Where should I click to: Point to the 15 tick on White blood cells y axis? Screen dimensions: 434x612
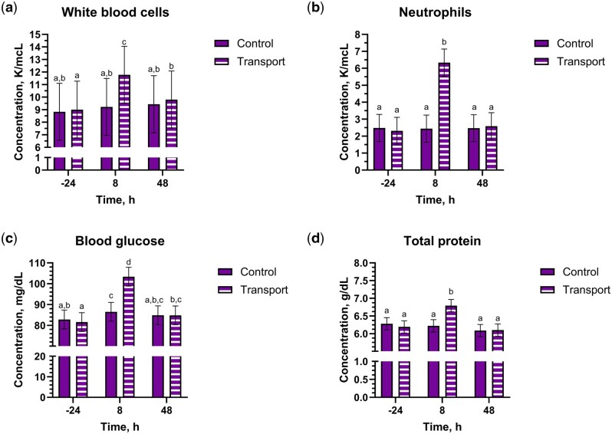click(42, 35)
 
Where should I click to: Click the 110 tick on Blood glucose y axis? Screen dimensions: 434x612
click(38, 263)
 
